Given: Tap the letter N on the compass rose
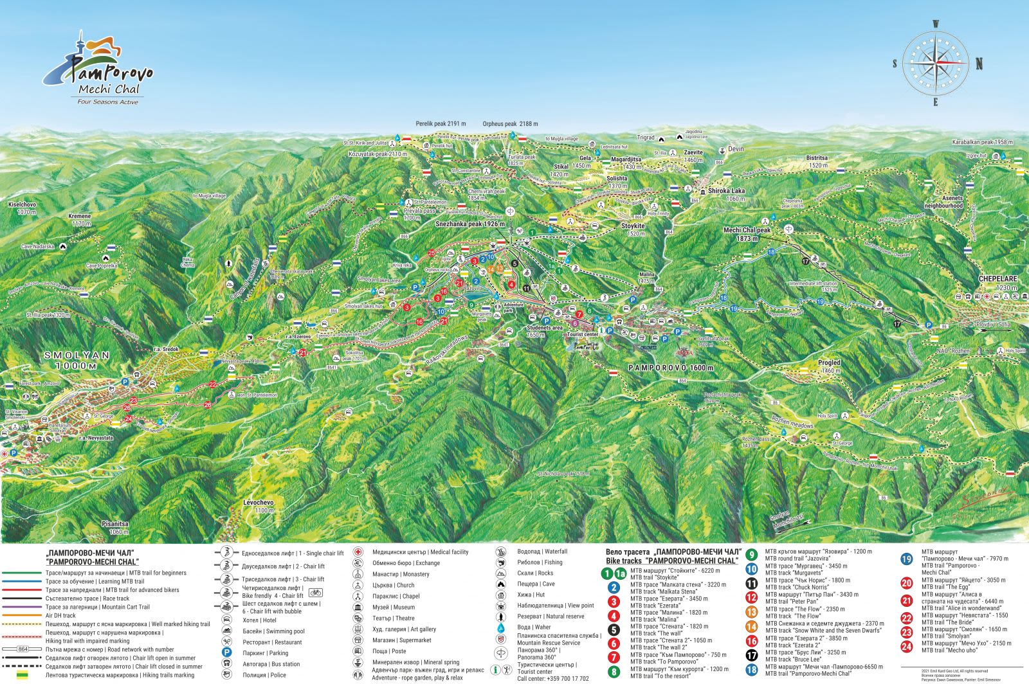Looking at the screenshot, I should point(979,63).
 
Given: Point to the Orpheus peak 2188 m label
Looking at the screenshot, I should point(510,123).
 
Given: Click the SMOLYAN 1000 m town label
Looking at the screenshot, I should point(68,360).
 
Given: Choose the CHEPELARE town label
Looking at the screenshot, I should point(997,278).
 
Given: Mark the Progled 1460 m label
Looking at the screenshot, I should point(829,366).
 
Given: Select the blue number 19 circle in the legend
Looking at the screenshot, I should point(907,559).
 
